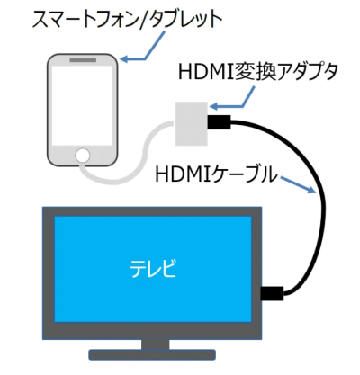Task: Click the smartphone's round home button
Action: (x=83, y=156)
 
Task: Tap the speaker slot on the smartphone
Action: (x=83, y=60)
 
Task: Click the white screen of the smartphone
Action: (x=83, y=105)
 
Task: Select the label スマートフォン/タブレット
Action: (x=127, y=20)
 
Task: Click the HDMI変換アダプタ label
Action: (x=258, y=72)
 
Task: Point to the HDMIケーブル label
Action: (x=216, y=174)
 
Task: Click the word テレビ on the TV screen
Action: (x=153, y=268)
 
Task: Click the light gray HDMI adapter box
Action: (x=192, y=123)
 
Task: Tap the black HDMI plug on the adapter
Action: (x=219, y=122)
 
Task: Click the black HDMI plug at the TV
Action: (x=272, y=293)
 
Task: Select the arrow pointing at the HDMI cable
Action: (x=299, y=184)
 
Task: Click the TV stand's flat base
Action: (x=152, y=354)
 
